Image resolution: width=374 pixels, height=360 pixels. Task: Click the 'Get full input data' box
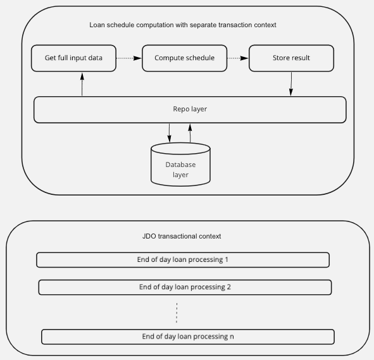coord(73,58)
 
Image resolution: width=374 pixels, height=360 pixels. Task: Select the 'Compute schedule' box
coord(184,58)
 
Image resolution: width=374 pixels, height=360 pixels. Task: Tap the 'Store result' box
coord(291,58)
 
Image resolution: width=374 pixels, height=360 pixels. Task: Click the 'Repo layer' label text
coord(190,109)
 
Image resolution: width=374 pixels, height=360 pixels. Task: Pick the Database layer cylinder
coord(180,164)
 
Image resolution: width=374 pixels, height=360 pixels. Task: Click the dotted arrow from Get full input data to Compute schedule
coord(129,58)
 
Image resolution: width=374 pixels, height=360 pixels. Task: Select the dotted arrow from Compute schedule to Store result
coord(238,58)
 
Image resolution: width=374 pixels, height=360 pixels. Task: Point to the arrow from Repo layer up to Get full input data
coord(82,84)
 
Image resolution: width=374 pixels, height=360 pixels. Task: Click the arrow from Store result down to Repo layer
coord(291,84)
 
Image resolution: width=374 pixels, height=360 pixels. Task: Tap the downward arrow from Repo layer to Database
coord(170,133)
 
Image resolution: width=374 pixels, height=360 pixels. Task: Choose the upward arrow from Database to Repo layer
coord(190,133)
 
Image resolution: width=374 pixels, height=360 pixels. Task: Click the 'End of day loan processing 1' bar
coord(183,260)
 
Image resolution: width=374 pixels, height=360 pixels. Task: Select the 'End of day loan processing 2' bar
coord(185,287)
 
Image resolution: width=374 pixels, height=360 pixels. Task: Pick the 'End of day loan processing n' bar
coord(188,337)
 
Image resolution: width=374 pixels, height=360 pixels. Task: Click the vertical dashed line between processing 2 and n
coord(177,313)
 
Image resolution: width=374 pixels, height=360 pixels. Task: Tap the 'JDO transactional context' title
coord(182,236)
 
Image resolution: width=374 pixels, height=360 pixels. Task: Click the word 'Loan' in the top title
coord(96,25)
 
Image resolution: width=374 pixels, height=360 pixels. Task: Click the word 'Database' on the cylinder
coord(180,164)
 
